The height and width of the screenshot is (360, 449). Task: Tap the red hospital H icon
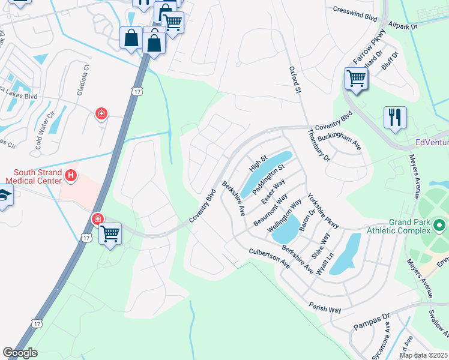point(71,176)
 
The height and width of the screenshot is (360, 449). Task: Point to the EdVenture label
point(432,143)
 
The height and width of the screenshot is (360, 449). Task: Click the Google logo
point(20,353)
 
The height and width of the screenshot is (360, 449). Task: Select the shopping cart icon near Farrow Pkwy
point(356,79)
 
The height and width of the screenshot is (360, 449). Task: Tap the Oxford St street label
point(294,80)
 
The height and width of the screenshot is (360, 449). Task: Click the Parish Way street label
point(325,307)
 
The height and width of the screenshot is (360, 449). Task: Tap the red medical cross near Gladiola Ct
point(101,113)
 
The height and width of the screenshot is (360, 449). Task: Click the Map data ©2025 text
point(423,355)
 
